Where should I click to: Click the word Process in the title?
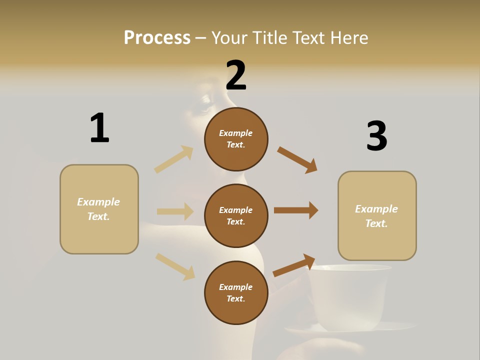tap(157, 37)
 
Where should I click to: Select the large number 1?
tap(99, 128)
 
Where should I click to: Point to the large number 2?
tap(236, 75)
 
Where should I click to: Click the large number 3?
tap(376, 136)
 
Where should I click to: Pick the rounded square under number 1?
tap(99, 209)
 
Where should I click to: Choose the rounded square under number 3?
tap(377, 216)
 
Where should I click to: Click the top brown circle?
tap(236, 139)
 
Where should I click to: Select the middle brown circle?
tap(236, 215)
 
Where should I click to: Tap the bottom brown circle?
tap(236, 292)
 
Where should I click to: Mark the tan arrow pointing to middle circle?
tap(175, 211)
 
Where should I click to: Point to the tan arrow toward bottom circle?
tap(175, 266)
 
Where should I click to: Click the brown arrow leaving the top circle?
tap(297, 159)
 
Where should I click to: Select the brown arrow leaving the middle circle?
tap(296, 210)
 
